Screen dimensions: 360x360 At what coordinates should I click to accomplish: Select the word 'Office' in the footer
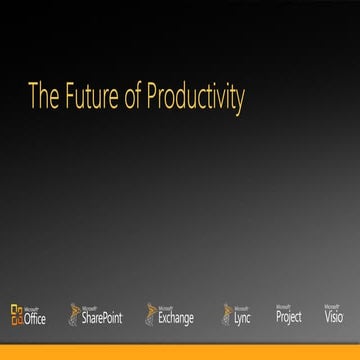[x=35, y=319]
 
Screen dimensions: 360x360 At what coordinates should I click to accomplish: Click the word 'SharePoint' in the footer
[x=102, y=319]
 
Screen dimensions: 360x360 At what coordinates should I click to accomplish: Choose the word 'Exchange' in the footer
[x=176, y=319]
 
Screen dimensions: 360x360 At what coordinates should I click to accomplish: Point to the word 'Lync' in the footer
[x=242, y=319]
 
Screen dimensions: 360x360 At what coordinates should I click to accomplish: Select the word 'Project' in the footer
[x=288, y=318]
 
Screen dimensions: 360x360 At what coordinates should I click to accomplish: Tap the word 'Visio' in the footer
[x=334, y=318]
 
